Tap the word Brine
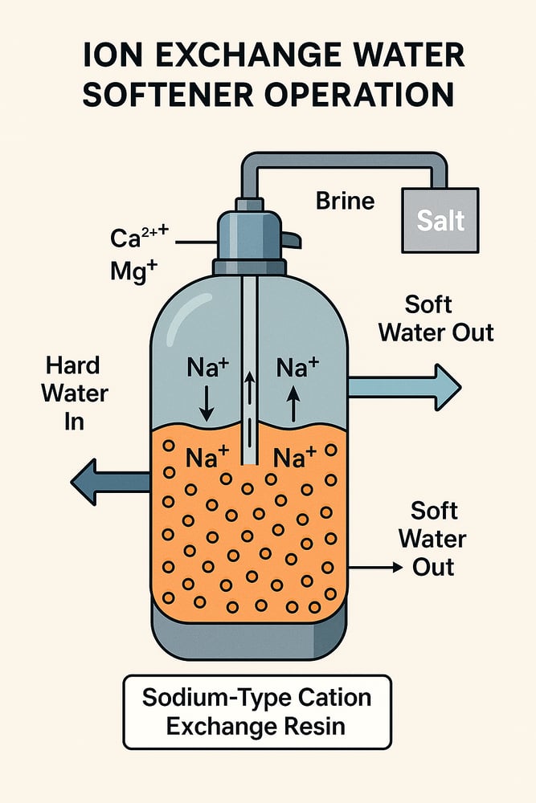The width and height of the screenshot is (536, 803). tap(345, 200)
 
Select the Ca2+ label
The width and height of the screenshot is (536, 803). tap(137, 238)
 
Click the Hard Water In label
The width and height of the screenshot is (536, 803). tap(74, 393)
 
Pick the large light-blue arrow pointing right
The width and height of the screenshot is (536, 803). tap(403, 387)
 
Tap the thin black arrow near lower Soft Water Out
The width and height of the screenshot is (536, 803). tap(374, 567)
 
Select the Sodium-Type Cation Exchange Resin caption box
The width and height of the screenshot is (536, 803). tap(257, 711)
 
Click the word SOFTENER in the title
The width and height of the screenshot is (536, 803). tap(191, 94)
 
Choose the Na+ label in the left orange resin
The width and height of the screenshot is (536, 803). tap(207, 458)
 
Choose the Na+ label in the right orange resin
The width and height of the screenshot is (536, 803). tap(294, 458)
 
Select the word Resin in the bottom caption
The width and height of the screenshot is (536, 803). tap(309, 728)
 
